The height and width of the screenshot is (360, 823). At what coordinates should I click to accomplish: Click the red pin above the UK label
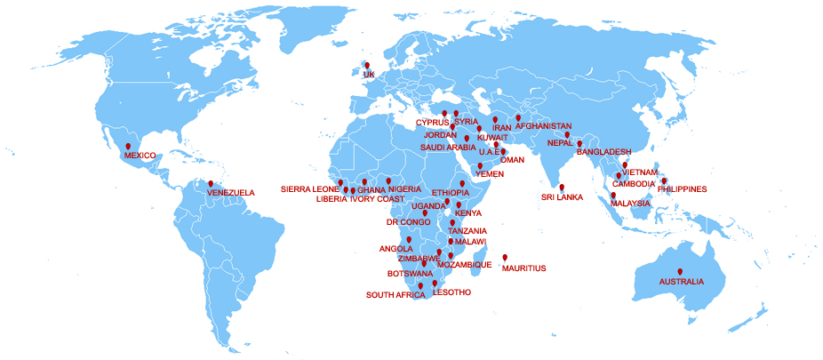click(x=366, y=65)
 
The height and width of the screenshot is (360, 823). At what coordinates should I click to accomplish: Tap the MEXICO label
click(x=140, y=156)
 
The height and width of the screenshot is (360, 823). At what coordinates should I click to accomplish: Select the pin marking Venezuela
click(x=211, y=184)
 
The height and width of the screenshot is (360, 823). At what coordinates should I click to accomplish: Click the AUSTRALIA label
click(x=681, y=282)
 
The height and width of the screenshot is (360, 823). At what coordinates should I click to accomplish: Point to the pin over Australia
click(x=680, y=271)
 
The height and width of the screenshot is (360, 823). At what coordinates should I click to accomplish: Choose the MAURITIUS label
click(x=523, y=268)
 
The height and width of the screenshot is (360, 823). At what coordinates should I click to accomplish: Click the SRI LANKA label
click(x=562, y=197)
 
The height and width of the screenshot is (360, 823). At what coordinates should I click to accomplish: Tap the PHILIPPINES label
click(x=682, y=189)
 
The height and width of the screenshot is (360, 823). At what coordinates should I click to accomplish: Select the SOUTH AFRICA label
click(x=396, y=294)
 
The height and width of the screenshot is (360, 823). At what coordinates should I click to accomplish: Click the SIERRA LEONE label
click(x=310, y=189)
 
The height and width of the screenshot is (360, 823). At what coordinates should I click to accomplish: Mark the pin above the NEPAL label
click(x=566, y=135)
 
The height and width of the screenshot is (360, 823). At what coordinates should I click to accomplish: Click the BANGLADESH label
click(x=603, y=152)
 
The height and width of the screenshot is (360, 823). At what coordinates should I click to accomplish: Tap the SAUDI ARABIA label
click(x=448, y=148)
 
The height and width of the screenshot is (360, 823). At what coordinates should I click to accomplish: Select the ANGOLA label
click(x=396, y=249)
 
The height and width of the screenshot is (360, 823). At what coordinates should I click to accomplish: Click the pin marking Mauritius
click(x=505, y=258)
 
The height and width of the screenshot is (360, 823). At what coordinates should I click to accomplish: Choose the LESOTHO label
click(x=451, y=292)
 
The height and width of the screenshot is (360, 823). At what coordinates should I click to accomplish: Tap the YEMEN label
click(x=490, y=174)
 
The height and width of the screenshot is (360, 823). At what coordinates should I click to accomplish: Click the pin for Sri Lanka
click(x=562, y=187)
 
